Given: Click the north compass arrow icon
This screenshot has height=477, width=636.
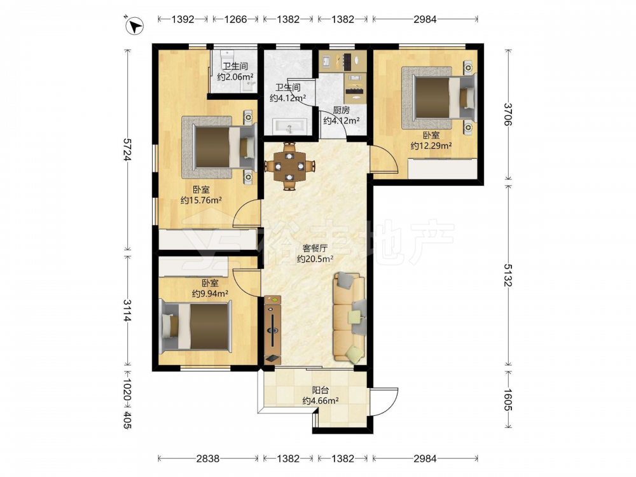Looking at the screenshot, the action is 135,26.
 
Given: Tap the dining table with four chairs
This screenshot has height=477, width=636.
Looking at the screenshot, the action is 289,165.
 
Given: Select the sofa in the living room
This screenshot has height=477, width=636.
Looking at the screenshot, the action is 350,317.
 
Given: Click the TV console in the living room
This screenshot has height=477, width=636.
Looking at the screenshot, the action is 272,329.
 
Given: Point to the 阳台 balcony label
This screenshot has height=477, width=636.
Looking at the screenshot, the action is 321,391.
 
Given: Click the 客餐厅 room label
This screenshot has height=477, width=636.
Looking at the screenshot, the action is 315,248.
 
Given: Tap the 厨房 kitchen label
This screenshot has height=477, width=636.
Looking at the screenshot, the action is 341,109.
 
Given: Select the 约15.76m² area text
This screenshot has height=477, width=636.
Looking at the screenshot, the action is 201,200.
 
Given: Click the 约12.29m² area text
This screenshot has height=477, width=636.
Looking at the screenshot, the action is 431,145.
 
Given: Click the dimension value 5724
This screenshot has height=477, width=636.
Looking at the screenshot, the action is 128,150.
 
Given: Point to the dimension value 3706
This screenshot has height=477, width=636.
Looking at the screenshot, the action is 508,114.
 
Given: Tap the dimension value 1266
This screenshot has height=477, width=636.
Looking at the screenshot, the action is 235,19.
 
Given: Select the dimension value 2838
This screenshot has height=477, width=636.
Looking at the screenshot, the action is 208,459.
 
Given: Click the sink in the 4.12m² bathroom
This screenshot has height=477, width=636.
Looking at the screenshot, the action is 289,126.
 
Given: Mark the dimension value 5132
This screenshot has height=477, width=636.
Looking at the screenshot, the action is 508,275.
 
